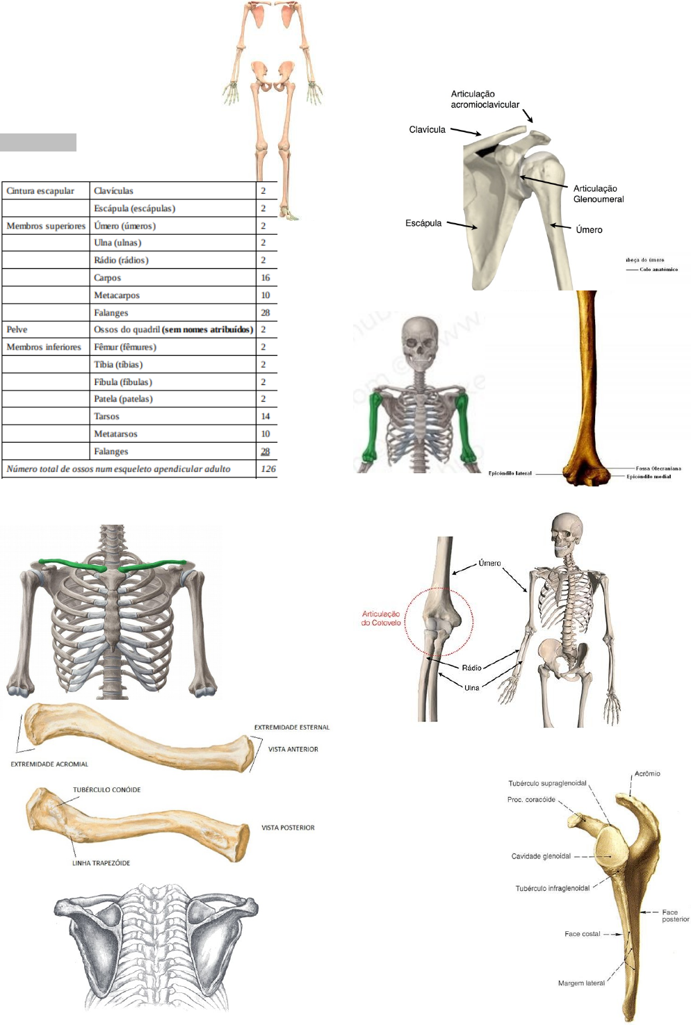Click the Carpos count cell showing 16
pos(266,278)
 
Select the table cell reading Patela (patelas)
pos(123,399)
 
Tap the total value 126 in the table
pos(268,469)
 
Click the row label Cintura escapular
pos(40,191)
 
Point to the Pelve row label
pos(17,329)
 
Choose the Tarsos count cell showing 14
pos(266,416)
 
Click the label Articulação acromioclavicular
pos(485,99)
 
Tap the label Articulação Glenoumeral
pos(598,194)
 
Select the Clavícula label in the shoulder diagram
pos(427,130)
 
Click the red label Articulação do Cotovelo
pos(381,618)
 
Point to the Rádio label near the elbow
pos(471,668)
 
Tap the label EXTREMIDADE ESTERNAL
pos(291,728)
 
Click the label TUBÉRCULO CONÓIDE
pos(106,790)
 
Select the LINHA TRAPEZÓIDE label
pos(101,863)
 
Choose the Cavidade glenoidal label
pos(541,856)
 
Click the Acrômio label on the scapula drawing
pos(647,774)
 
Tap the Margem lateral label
pos(581,983)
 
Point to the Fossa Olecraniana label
pos(658,468)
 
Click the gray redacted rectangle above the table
pos(38,142)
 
